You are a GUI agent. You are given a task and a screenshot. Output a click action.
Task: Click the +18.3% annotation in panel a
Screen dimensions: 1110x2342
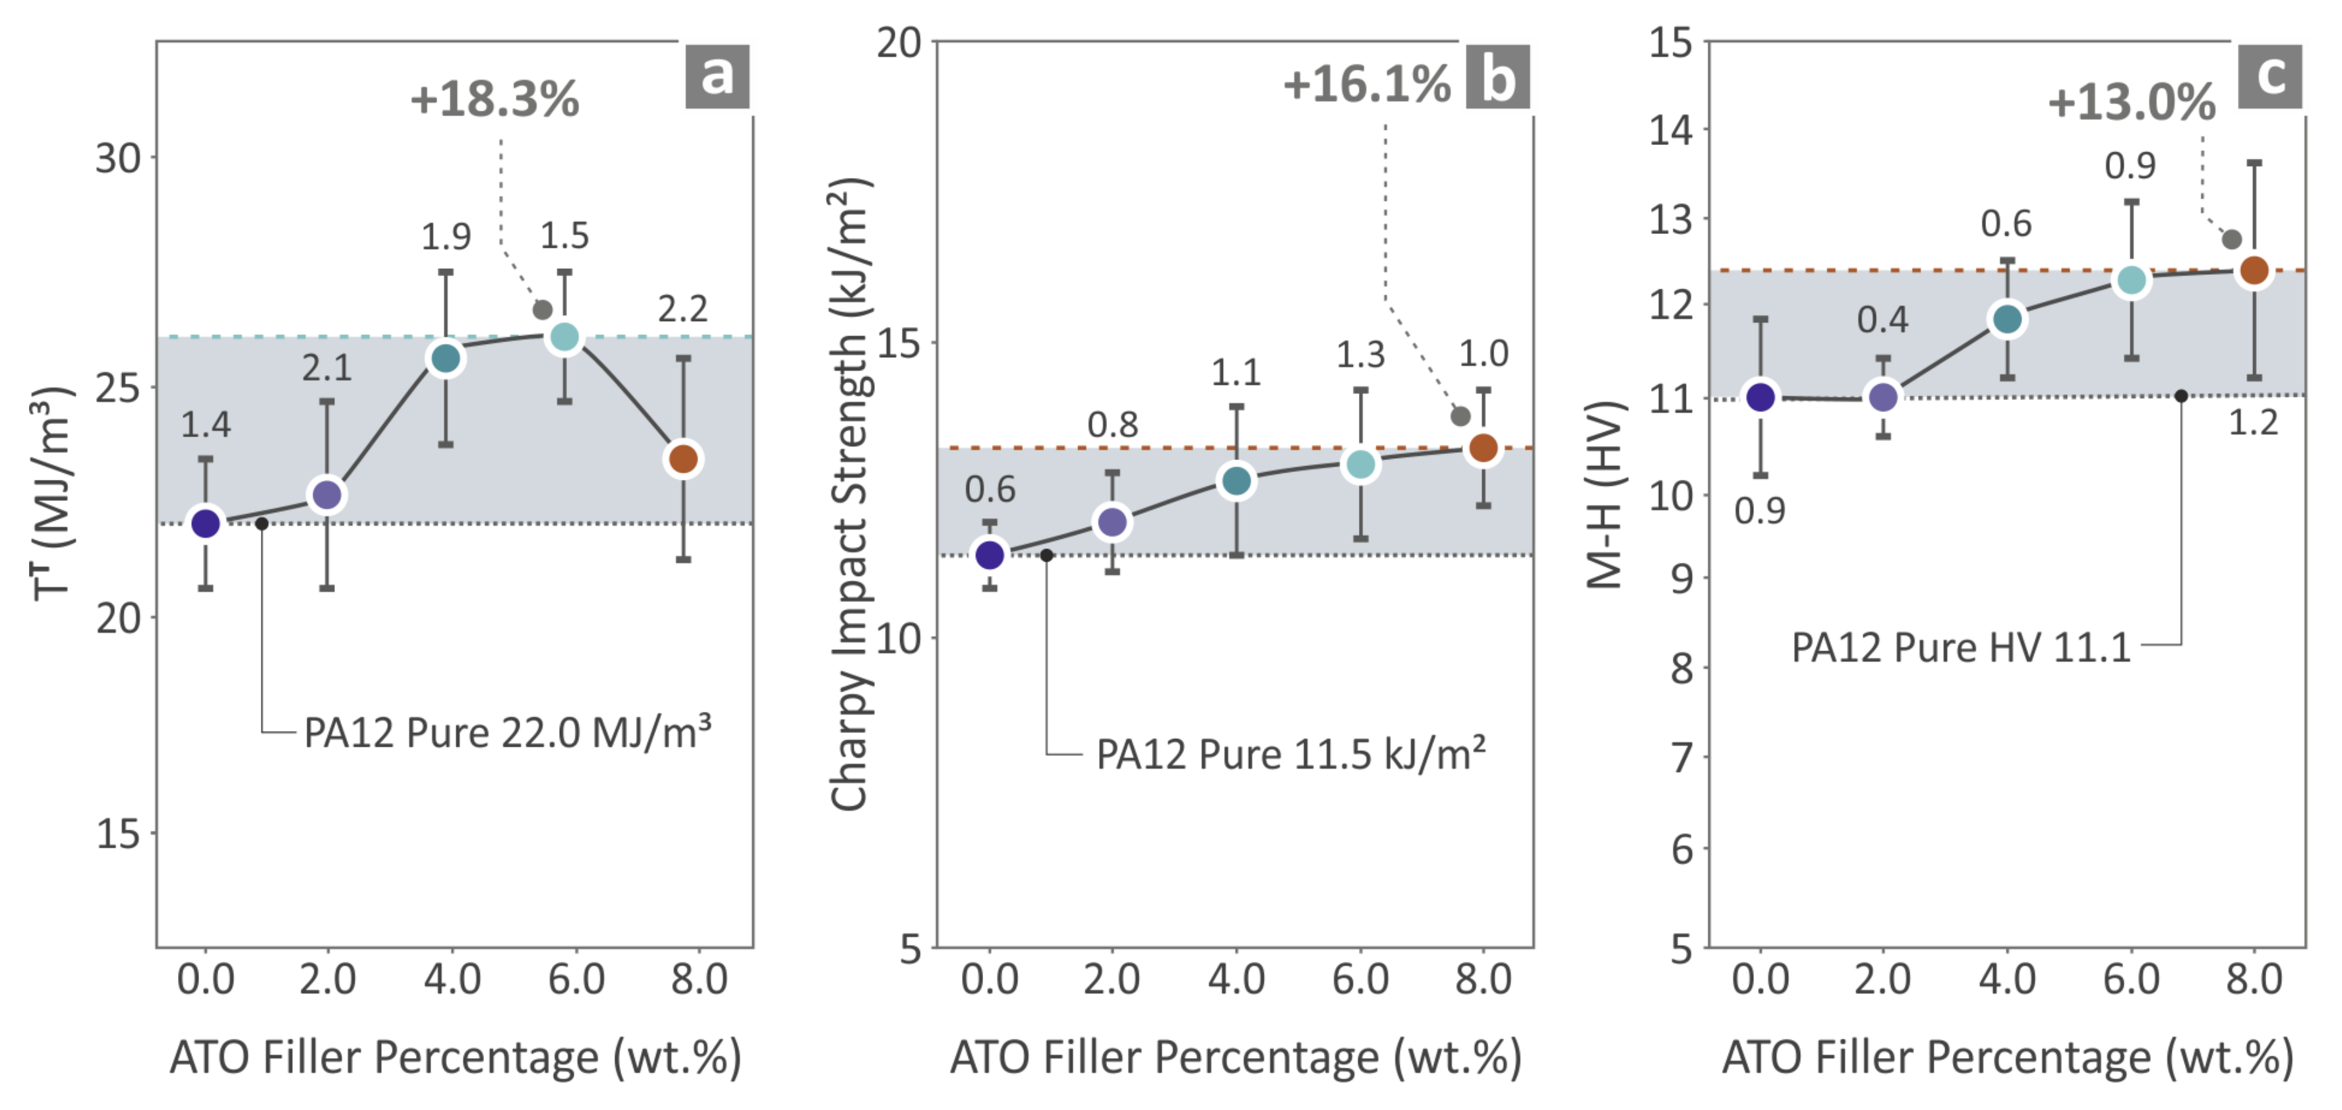pyautogui.click(x=495, y=99)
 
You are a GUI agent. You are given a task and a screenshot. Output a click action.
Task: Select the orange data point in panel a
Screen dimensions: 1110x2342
pyautogui.click(x=684, y=459)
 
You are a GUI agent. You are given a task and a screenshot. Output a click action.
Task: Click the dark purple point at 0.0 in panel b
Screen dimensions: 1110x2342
pyautogui.click(x=989, y=554)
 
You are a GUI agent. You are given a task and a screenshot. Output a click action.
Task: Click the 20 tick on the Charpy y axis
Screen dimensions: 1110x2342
pyautogui.click(x=898, y=43)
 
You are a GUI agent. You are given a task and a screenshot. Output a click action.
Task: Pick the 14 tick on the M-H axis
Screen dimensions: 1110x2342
pyautogui.click(x=1671, y=130)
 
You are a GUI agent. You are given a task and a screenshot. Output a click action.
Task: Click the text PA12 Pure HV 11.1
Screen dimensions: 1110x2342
pyautogui.click(x=1961, y=648)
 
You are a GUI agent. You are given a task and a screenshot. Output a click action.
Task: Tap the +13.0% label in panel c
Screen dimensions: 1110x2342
pyautogui.click(x=2131, y=102)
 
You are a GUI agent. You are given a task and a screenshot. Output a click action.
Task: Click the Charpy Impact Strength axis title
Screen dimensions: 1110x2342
pyautogui.click(x=850, y=496)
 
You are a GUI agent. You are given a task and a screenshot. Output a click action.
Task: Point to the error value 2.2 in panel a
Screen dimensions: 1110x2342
pyautogui.click(x=683, y=309)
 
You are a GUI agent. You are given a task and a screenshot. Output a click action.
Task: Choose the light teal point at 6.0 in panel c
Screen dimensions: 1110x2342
pyautogui.click(x=2131, y=281)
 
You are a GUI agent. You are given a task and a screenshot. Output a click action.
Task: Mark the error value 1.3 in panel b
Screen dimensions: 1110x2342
pyautogui.click(x=1360, y=355)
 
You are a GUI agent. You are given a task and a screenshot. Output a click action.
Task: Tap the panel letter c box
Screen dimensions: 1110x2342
pyautogui.click(x=2270, y=76)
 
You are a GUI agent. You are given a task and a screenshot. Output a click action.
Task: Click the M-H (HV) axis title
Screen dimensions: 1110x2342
pyautogui.click(x=1605, y=496)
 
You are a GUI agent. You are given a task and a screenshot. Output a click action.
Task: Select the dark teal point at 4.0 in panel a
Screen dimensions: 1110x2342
pyautogui.click(x=446, y=358)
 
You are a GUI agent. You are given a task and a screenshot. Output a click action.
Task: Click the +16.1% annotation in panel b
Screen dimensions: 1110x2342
pyautogui.click(x=1366, y=84)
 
